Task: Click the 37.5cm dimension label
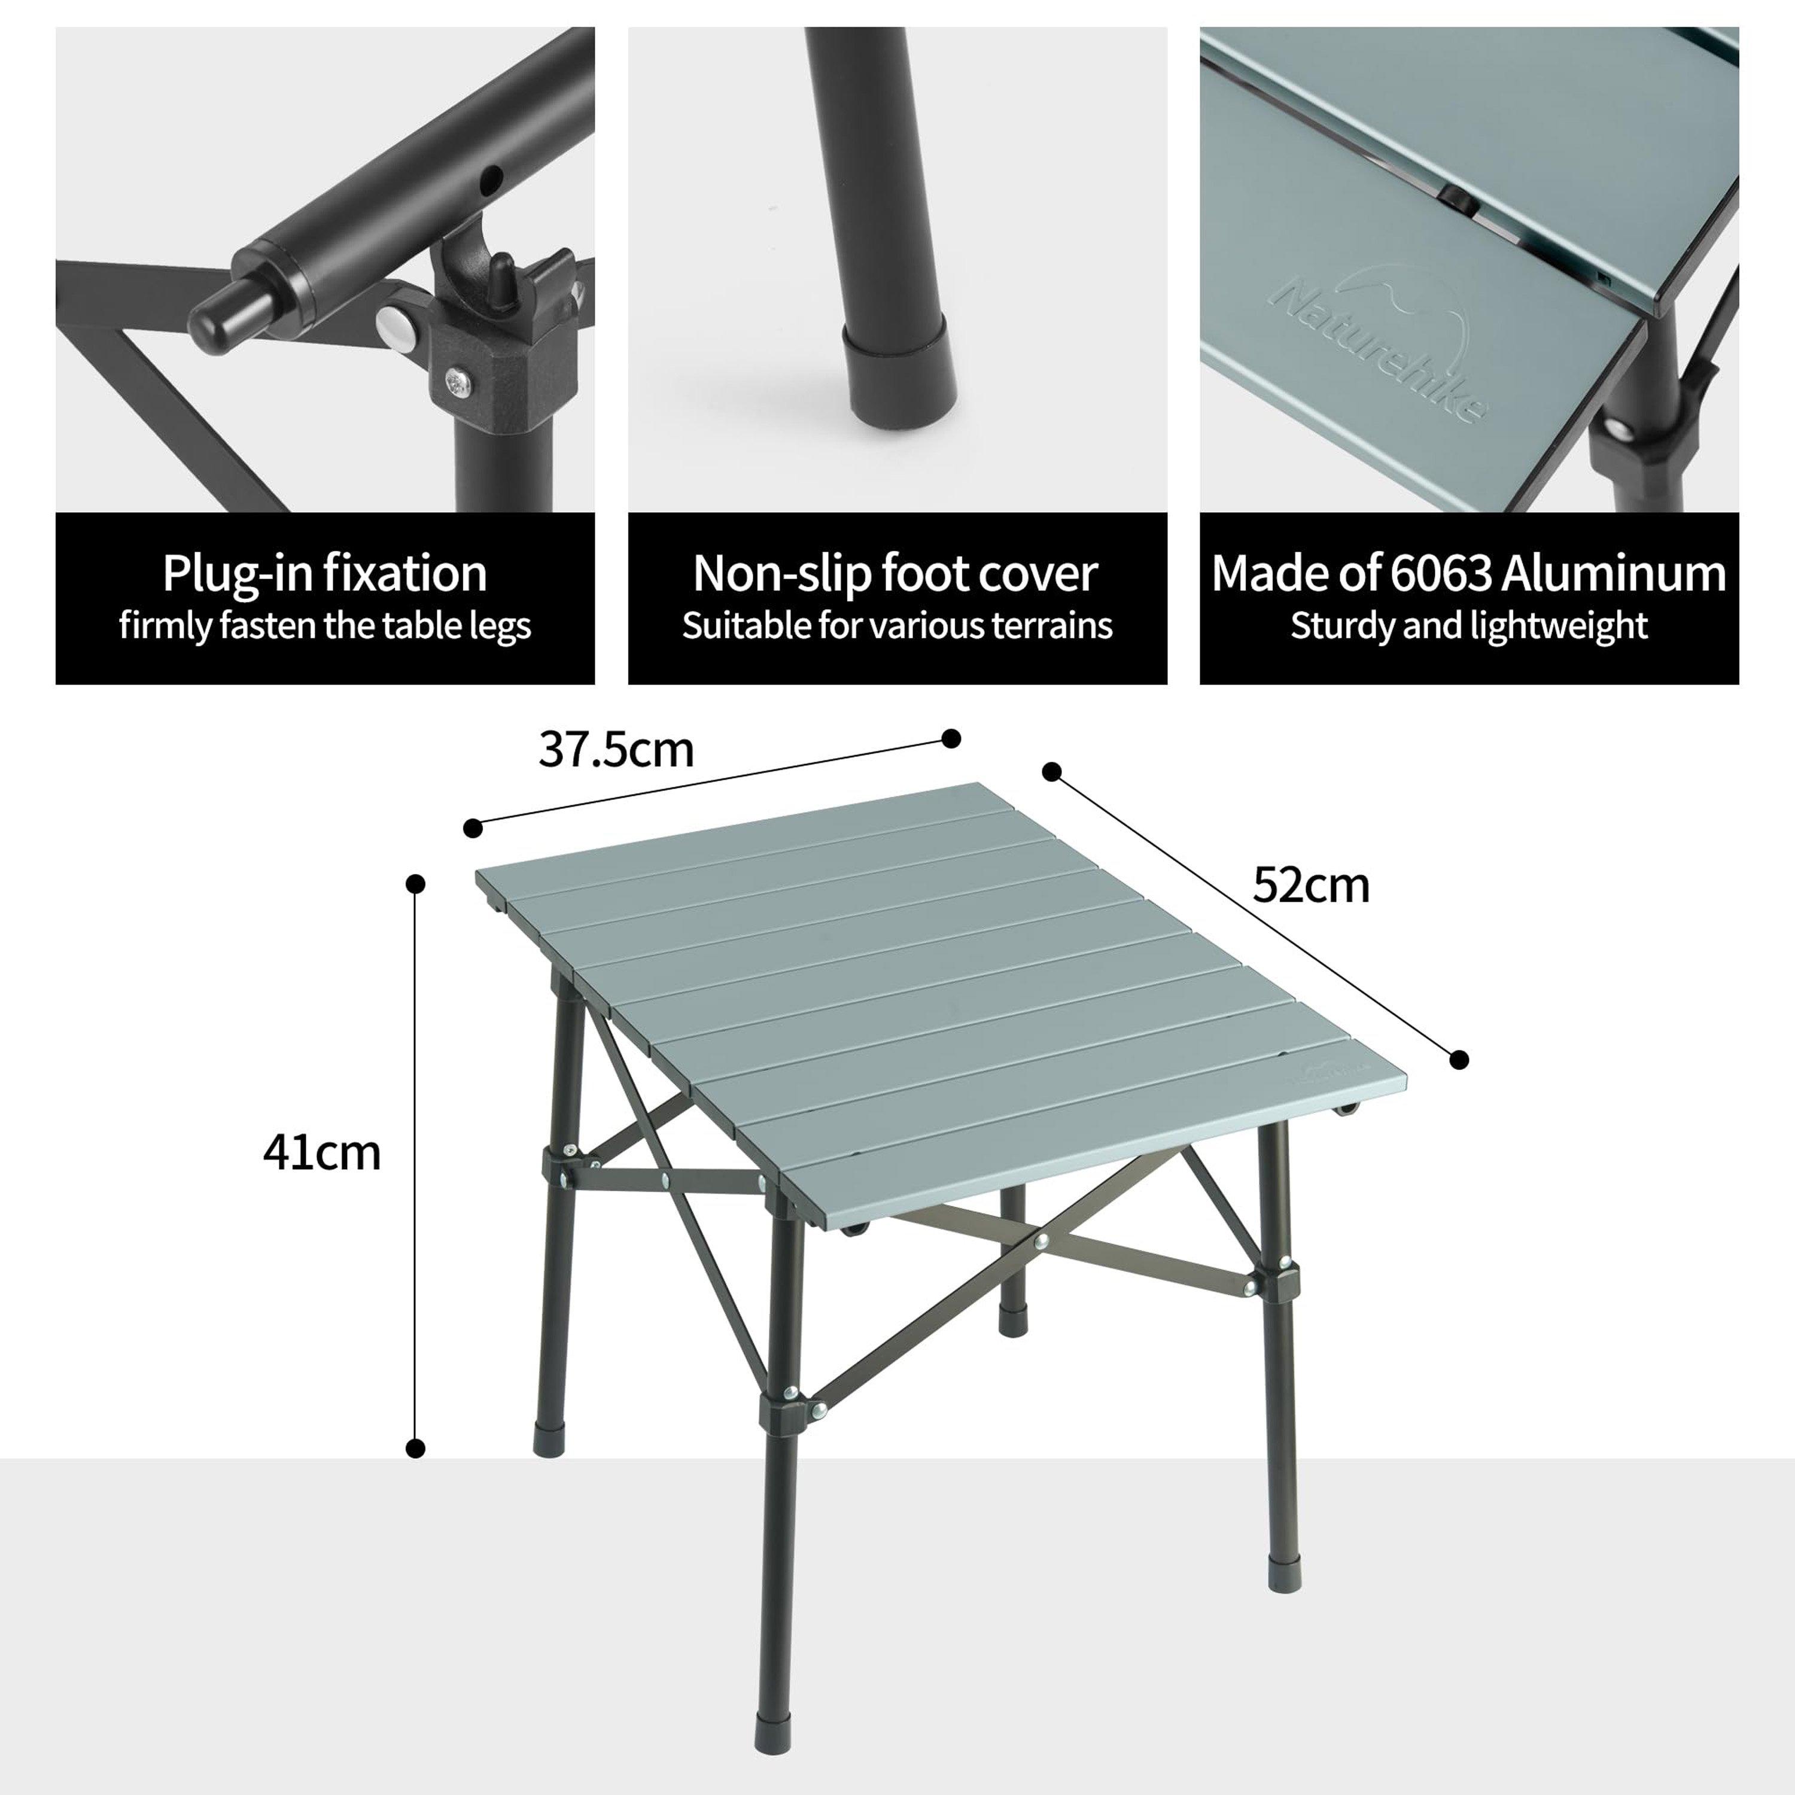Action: (616, 751)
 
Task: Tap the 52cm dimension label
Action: (1311, 886)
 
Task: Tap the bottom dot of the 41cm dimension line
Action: (416, 1447)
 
